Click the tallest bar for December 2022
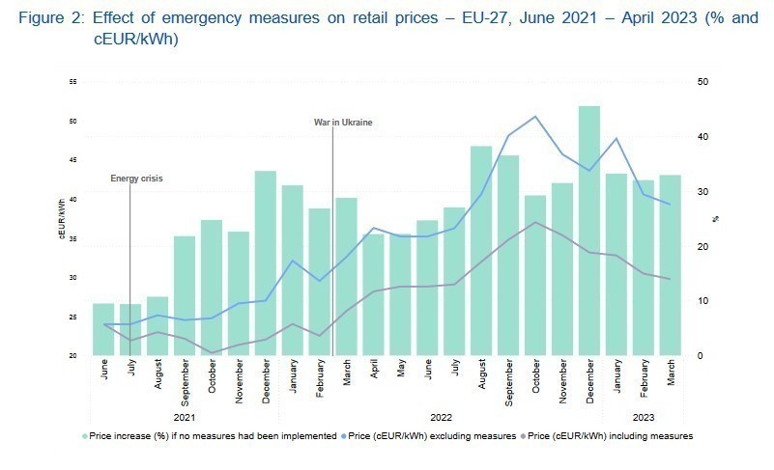click(x=589, y=232)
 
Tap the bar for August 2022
click(x=481, y=251)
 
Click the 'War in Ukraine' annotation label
click(x=343, y=123)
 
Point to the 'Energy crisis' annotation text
click(x=136, y=179)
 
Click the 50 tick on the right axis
click(x=702, y=81)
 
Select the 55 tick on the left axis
click(x=73, y=82)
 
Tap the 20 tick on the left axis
click(x=73, y=356)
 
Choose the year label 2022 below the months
click(x=441, y=418)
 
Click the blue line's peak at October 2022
click(x=535, y=117)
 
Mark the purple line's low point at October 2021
click(x=212, y=353)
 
